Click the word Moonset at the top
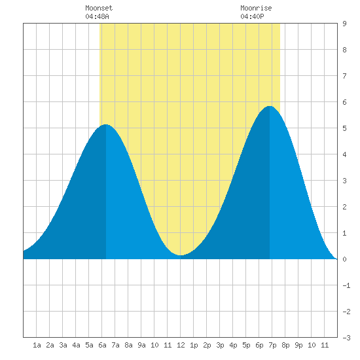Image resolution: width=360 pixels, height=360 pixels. click(x=99, y=8)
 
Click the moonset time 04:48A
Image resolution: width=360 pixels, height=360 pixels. click(x=97, y=16)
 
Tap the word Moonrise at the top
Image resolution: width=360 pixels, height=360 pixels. click(x=256, y=8)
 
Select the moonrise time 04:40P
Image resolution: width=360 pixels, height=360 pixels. click(x=252, y=16)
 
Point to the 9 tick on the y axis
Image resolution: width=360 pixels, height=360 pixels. click(x=344, y=24)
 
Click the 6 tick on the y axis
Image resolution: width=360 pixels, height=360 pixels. click(x=344, y=102)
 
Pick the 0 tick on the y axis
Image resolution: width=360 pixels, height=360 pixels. click(x=344, y=259)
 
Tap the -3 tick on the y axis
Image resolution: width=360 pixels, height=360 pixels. click(x=346, y=338)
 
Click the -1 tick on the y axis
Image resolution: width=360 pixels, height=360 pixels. click(x=346, y=285)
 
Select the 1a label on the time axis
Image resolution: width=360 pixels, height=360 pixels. click(x=37, y=345)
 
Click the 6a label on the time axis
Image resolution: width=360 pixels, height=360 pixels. click(x=102, y=345)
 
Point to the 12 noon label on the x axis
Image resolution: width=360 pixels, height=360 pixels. click(x=181, y=345)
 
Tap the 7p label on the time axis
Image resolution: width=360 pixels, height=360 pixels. click(x=272, y=345)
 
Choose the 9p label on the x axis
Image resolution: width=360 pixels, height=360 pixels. click(x=298, y=345)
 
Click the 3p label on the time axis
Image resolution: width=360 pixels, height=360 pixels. click(x=220, y=345)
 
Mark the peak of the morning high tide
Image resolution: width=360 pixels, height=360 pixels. click(x=105, y=124)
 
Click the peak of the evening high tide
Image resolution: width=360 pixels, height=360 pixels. click(x=270, y=106)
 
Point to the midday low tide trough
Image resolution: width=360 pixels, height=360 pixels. click(x=181, y=255)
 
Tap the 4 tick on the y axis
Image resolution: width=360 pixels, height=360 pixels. click(x=344, y=154)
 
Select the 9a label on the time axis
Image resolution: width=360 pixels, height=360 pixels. click(x=141, y=345)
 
